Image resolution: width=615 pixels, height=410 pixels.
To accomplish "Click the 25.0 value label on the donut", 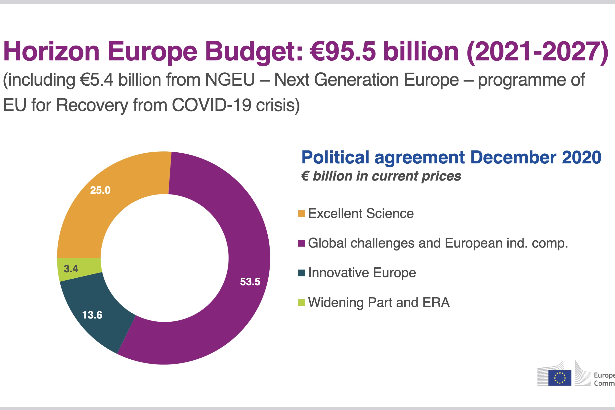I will tap(100, 190).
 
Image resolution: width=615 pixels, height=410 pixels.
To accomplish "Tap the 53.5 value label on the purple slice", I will tap(250, 282).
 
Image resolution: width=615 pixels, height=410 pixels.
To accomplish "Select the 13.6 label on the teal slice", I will tap(92, 315).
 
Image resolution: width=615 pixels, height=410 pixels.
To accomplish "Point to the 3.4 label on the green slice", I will tap(71, 269).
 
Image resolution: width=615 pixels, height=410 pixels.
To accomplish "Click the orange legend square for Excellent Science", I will tap(301, 214).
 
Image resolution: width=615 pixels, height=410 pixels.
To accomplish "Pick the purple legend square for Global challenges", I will tap(301, 243).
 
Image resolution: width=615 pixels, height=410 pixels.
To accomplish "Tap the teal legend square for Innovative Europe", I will tap(301, 273).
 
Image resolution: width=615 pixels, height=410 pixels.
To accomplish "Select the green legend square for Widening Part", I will tap(301, 303).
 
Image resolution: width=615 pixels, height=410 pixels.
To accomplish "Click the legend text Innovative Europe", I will tap(362, 273).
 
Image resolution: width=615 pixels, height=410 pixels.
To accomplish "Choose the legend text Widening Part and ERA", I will tap(379, 303).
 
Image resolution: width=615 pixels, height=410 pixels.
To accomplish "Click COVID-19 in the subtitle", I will tap(211, 105).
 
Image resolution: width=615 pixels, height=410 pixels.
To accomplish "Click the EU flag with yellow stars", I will tap(559, 378).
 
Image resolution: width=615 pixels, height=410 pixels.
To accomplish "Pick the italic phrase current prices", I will tap(416, 176).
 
